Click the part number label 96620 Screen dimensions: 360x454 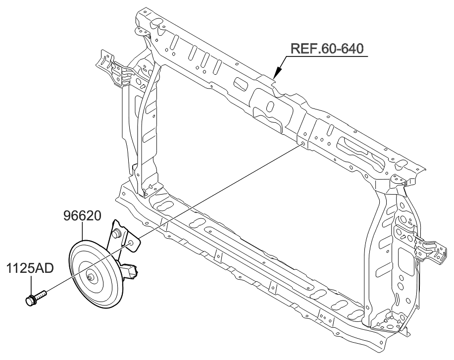(83, 216)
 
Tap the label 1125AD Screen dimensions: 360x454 (30, 270)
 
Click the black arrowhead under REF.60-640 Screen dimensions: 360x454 (277, 75)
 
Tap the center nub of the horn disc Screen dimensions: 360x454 (90, 278)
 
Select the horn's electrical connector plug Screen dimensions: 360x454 (130, 270)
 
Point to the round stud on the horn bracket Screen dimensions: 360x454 (118, 233)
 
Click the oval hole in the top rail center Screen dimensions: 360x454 (270, 106)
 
